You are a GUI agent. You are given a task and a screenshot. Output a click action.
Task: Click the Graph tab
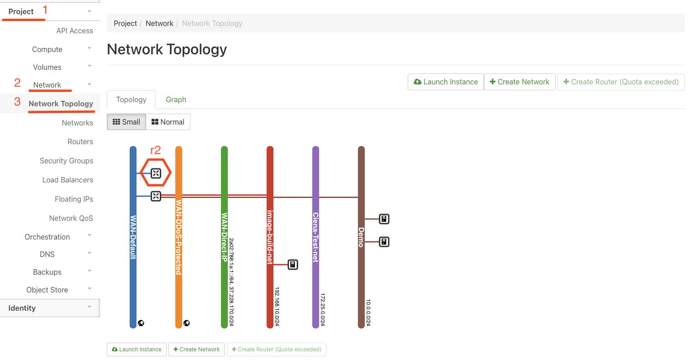point(176,99)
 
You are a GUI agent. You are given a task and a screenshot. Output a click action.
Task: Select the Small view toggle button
point(126,122)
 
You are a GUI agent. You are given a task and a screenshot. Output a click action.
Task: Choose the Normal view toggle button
point(168,122)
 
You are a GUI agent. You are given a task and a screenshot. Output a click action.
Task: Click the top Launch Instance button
point(446,82)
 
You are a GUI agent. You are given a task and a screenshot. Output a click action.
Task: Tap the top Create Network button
point(520,82)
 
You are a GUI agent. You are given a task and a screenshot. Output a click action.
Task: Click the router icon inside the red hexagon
point(156,173)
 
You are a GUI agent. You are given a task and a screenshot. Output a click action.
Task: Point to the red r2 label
point(155,150)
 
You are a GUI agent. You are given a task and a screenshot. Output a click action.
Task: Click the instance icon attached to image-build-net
point(293,265)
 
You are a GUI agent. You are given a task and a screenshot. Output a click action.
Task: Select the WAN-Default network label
point(133,237)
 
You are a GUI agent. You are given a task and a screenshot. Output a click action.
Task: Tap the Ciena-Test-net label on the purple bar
point(315,237)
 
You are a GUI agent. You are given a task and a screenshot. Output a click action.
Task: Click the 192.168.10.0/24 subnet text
point(277,307)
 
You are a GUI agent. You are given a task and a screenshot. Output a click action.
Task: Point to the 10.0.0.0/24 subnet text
point(368,313)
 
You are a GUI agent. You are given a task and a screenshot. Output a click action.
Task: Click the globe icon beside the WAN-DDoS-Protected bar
point(186,323)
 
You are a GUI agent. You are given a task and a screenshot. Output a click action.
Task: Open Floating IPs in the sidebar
point(74,199)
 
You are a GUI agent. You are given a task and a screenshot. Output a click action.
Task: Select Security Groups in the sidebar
point(66,161)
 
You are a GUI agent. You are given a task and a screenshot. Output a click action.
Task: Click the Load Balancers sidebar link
point(68,180)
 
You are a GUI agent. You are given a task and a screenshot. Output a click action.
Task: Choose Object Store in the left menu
point(47,290)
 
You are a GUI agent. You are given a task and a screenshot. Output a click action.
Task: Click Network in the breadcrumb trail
point(159,23)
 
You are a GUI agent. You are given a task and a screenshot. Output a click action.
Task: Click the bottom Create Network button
point(197,349)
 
